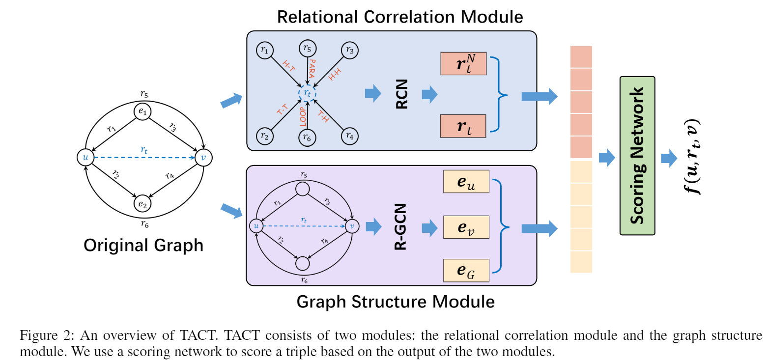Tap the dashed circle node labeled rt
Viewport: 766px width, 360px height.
click(308, 93)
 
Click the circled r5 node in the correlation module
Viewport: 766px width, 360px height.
click(308, 49)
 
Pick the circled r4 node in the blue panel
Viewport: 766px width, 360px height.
click(349, 136)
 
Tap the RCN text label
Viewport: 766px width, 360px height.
click(401, 94)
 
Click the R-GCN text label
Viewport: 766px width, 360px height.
click(400, 226)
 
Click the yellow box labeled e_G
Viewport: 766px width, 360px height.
click(466, 271)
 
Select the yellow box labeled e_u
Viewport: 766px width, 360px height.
click(466, 182)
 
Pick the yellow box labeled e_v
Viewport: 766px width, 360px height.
click(466, 226)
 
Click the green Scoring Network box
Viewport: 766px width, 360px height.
click(637, 156)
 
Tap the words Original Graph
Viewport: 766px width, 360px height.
click(143, 245)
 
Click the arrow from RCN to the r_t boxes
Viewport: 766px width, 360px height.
click(429, 94)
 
